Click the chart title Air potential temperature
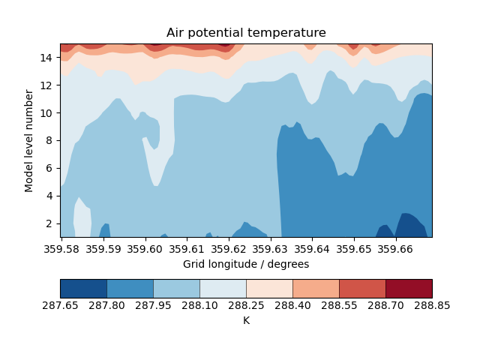tap(246, 33)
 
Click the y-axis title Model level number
tap(29, 140)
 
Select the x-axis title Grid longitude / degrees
tap(246, 264)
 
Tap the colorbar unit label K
tap(246, 320)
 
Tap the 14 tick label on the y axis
tap(45, 57)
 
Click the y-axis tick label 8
tap(48, 140)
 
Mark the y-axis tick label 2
tap(48, 223)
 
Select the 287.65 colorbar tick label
tap(61, 306)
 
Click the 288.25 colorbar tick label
tap(246, 306)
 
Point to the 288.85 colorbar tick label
tap(432, 306)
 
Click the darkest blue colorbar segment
tap(83, 289)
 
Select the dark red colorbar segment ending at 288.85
tap(409, 289)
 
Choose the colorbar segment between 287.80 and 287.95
tap(130, 289)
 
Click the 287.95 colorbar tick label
tap(153, 306)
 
